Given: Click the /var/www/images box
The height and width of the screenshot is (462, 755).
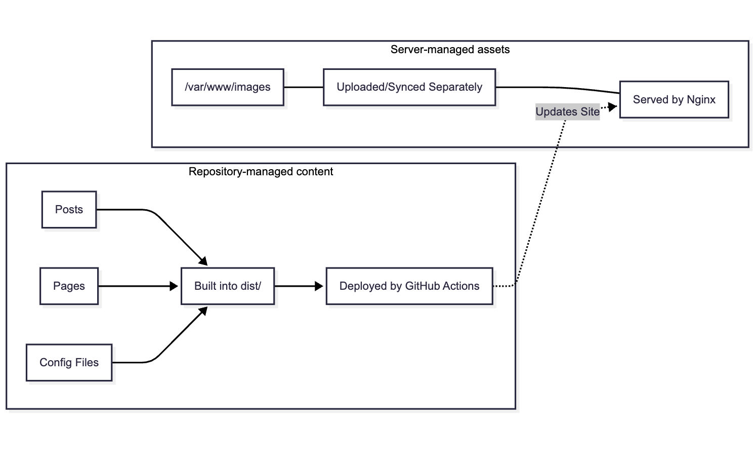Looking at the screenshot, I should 227,87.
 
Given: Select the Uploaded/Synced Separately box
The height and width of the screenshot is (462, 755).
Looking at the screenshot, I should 409,87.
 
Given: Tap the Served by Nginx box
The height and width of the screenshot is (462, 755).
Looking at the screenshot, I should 674,99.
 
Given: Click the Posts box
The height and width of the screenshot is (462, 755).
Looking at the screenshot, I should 69,210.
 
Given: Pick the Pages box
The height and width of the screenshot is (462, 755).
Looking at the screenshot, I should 69,286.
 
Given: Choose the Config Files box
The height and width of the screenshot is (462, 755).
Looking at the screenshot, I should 69,363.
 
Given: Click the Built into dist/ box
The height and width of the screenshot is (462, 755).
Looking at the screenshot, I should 227,286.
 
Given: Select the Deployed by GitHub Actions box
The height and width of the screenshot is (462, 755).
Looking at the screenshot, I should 409,286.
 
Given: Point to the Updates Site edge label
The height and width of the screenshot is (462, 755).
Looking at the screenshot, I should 567,112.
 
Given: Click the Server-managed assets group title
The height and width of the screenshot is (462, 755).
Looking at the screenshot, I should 450,50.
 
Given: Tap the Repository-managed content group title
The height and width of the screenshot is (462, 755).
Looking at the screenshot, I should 261,172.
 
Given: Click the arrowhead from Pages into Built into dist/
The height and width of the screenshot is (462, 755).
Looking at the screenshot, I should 174,286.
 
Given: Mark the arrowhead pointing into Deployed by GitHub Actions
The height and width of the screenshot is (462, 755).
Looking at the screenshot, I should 319,286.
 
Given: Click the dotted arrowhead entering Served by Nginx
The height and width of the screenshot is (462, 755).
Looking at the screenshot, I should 613,107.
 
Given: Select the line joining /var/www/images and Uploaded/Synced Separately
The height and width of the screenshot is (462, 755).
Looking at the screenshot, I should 303,87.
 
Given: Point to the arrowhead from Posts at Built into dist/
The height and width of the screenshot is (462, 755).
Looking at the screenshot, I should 203,261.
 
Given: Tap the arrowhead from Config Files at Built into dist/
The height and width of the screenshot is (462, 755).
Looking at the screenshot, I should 203,311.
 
